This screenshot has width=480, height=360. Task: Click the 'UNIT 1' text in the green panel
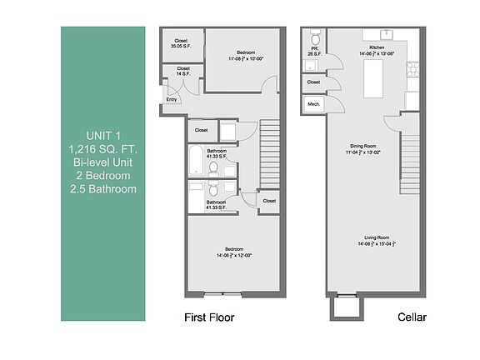point(103,136)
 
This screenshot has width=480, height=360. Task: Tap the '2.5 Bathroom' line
point(103,188)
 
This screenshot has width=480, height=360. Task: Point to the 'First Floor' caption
point(208,317)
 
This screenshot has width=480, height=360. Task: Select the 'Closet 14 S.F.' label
point(182,72)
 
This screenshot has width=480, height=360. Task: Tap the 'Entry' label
point(172,100)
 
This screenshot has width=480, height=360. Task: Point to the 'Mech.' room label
point(314,104)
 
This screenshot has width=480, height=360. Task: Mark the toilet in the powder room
point(315,38)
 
